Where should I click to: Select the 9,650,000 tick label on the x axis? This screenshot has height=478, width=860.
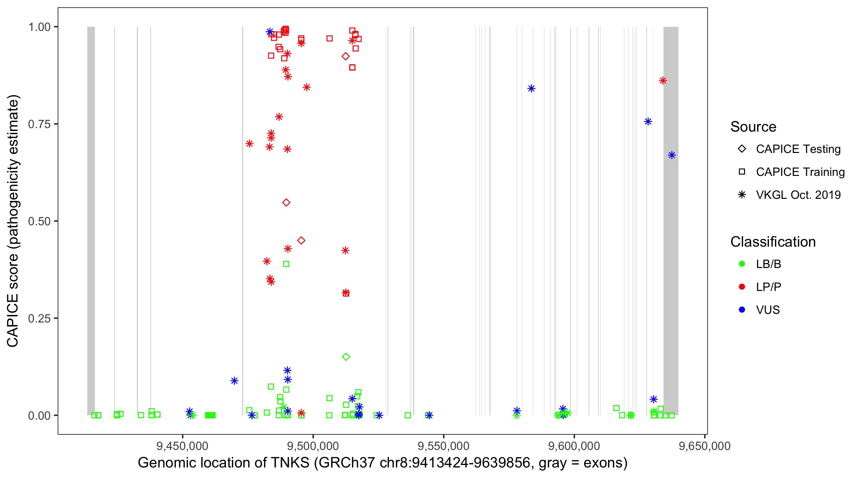[705, 446]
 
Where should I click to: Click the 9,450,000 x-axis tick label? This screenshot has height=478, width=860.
[182, 446]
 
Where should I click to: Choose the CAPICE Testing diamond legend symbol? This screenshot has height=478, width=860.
[742, 149]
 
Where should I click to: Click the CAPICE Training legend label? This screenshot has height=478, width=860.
[800, 172]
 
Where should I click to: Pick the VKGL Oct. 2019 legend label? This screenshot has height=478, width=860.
[798, 195]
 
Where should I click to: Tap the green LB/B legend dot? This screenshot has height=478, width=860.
[742, 264]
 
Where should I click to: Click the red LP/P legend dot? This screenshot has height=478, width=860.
[742, 287]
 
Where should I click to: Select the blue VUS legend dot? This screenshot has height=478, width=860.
[742, 310]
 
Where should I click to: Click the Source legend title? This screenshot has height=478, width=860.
[753, 127]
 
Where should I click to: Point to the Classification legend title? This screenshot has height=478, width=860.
[772, 242]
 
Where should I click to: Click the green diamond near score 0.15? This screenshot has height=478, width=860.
[346, 357]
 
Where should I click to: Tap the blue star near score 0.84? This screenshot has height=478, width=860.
[531, 89]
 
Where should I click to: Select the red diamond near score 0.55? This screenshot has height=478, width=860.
[286, 202]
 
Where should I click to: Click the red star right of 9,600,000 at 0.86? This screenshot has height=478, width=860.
[663, 81]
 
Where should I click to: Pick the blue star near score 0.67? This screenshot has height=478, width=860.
[672, 155]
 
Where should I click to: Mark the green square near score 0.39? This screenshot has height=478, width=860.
[286, 264]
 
